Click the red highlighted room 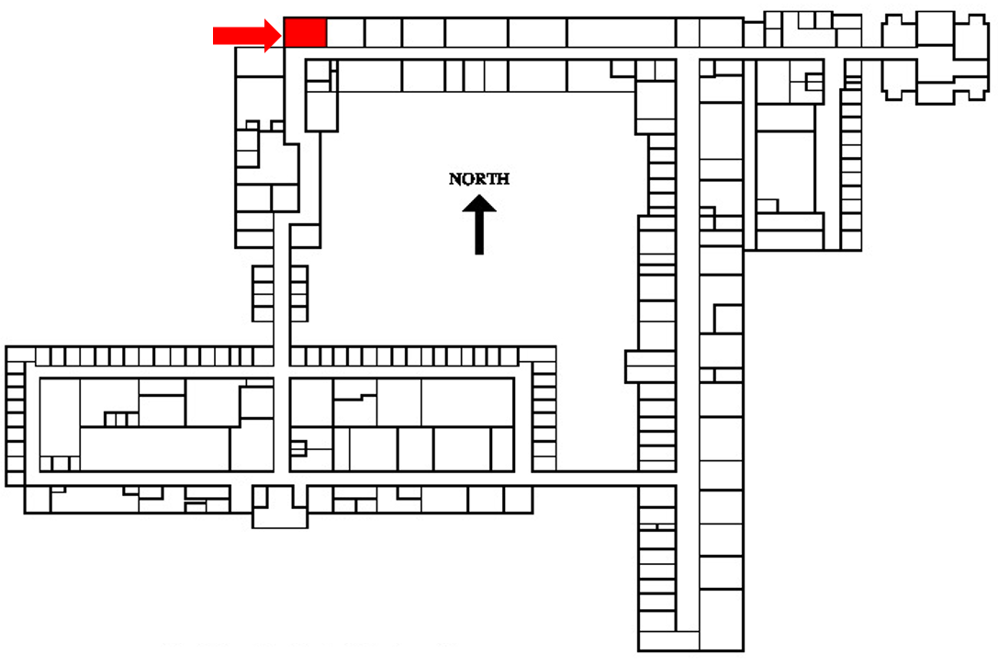point(305,32)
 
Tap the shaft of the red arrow point(238,35)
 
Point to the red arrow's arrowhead point(273,35)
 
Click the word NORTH point(478,179)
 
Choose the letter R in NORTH point(478,179)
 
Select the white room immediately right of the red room point(345,32)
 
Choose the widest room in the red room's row point(621,32)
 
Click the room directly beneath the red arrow point(259,62)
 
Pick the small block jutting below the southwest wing point(280,515)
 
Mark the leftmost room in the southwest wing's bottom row point(36,499)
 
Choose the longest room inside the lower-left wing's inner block point(154,448)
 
